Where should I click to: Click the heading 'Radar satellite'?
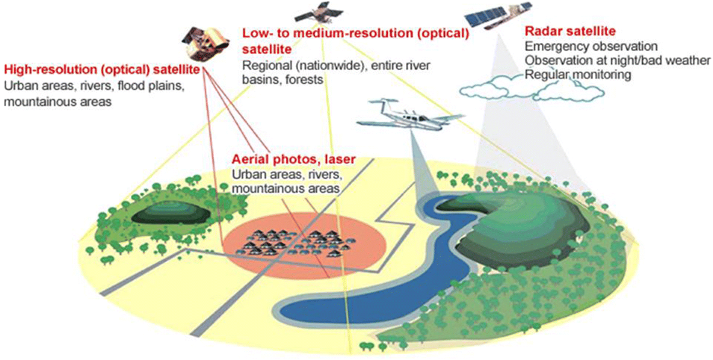[561, 31]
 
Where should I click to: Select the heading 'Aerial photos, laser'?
[294, 159]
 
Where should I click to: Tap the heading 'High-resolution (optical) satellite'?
[101, 70]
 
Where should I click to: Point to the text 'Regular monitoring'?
[577, 75]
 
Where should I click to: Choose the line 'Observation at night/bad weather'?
[617, 60]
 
